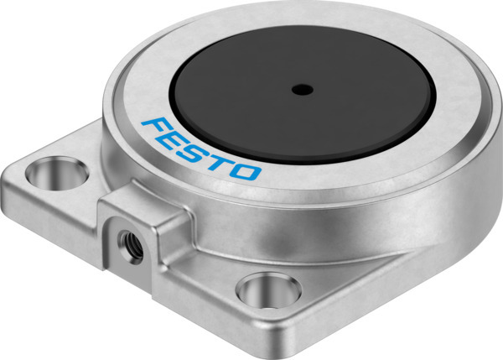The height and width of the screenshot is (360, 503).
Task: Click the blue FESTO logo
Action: click(201, 150)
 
